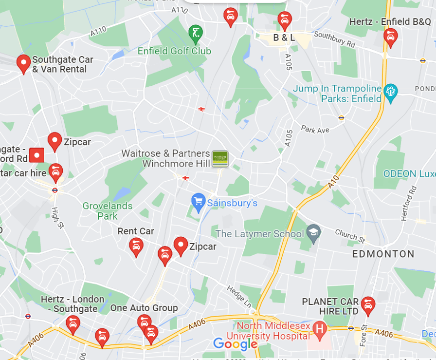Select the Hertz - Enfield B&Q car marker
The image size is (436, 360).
pos(390,37)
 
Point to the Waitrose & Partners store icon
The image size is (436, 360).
pos(220,159)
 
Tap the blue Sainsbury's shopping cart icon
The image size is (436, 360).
pos(198,202)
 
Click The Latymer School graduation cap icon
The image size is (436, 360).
pos(313,232)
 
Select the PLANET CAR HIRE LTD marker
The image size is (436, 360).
pos(368,305)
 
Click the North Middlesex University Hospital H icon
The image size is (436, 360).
pos(320,329)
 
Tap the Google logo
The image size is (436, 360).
pos(235,344)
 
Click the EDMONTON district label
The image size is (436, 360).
pos(383,254)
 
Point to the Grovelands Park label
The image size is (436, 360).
pos(107,211)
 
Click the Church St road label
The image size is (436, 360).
pos(350,236)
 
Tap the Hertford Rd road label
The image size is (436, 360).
pos(408,203)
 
